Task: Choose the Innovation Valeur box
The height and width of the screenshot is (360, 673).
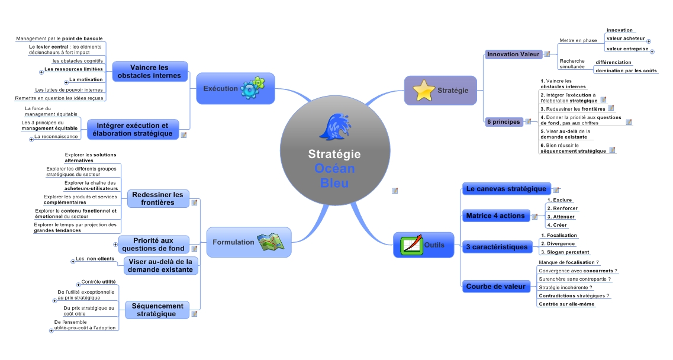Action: coord(513,54)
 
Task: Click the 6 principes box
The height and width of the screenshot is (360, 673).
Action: coord(503,122)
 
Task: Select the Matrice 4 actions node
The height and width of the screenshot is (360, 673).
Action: coord(495,216)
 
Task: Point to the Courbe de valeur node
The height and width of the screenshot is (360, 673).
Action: coord(495,287)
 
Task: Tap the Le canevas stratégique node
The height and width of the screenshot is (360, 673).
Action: coord(506,189)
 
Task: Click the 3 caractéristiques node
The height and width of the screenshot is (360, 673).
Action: coord(497,246)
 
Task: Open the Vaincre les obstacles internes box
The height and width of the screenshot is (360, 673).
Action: coord(149,72)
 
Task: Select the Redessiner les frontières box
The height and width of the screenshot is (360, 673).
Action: coord(158,198)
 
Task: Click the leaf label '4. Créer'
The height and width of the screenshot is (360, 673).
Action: coord(556,225)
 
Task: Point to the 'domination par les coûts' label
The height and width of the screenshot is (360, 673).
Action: coord(626,71)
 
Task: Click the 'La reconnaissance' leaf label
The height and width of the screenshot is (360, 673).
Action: coord(56,137)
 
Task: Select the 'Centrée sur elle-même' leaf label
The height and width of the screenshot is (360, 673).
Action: coord(566,304)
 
